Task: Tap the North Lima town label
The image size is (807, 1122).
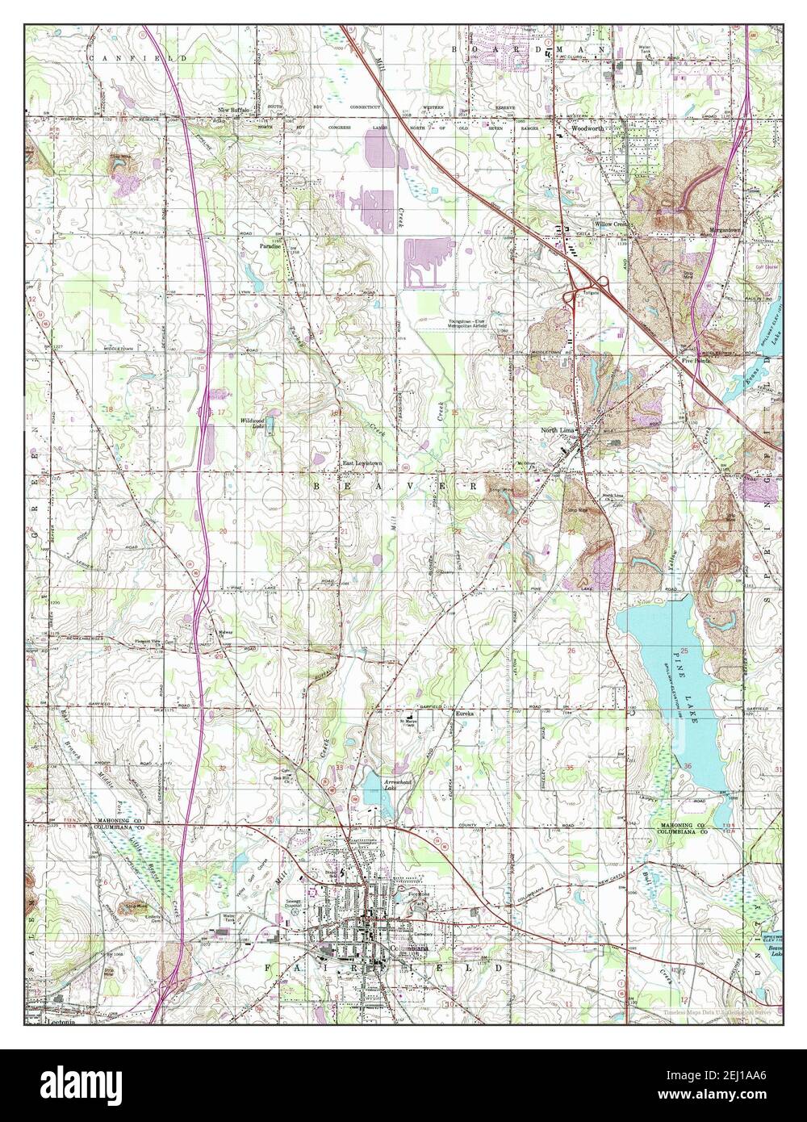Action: coord(558,431)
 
